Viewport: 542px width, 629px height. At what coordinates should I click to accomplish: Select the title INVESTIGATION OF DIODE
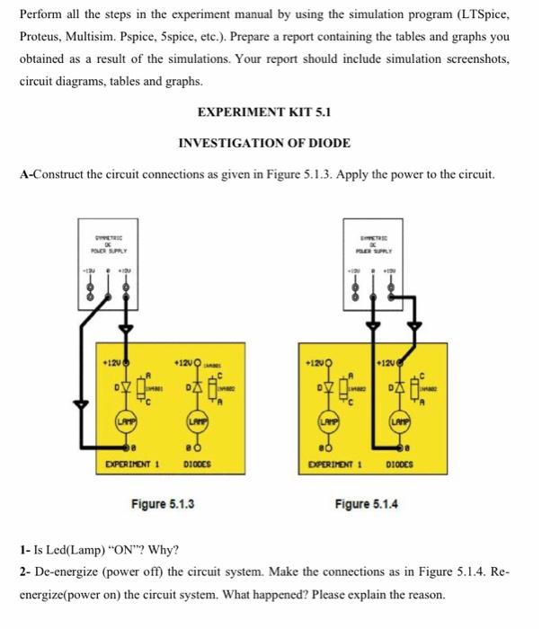coord(264,143)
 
